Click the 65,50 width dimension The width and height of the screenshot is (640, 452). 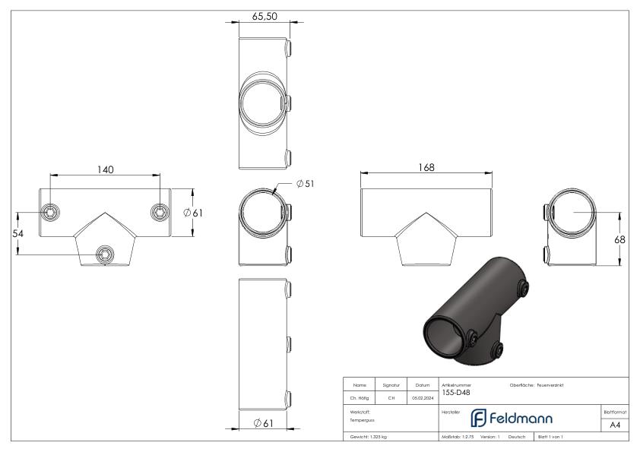pyautogui.click(x=264, y=16)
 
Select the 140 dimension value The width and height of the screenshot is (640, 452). pyautogui.click(x=105, y=169)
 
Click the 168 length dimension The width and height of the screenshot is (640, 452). pyautogui.click(x=426, y=167)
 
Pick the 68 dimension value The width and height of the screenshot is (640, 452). pyautogui.click(x=620, y=239)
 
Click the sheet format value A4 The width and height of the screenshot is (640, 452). pyautogui.click(x=615, y=425)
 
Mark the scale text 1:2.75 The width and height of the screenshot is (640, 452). pyautogui.click(x=462, y=438)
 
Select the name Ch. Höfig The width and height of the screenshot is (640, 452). pyautogui.click(x=360, y=396)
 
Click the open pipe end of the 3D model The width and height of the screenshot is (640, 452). pyautogui.click(x=442, y=333)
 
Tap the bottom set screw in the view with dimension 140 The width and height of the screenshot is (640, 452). pyautogui.click(x=105, y=251)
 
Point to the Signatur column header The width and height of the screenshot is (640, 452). pyautogui.click(x=391, y=385)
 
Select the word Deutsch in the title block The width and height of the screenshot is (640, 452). pyautogui.click(x=517, y=438)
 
